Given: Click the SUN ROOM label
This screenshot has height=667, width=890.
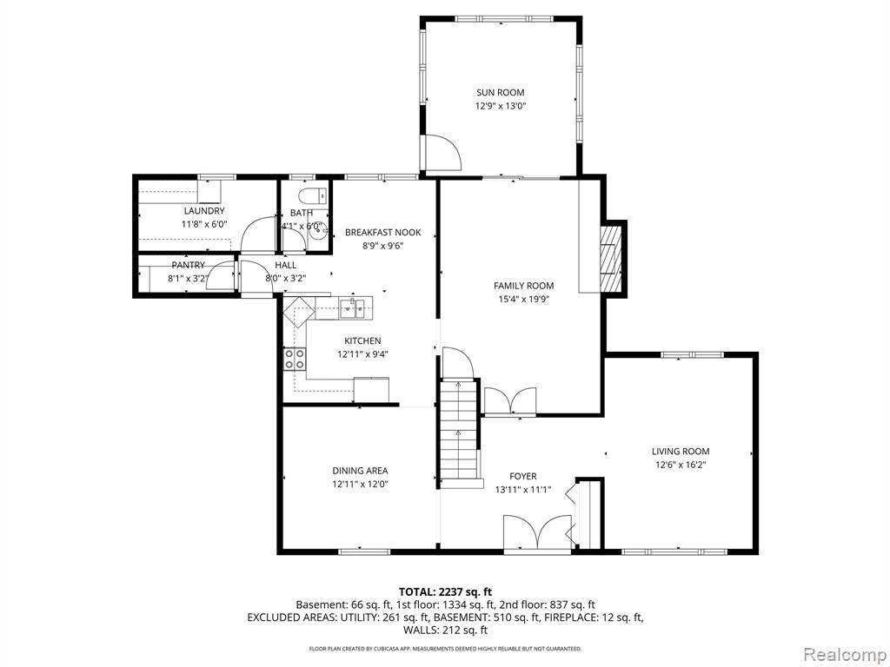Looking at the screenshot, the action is [500, 92].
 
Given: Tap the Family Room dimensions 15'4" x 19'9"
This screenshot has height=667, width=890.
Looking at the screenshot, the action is [523, 300].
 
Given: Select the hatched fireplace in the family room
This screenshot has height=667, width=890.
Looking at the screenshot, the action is [611, 258].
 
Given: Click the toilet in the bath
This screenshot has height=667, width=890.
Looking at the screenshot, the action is [313, 195].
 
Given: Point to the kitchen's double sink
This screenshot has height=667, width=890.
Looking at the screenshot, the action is [353, 308].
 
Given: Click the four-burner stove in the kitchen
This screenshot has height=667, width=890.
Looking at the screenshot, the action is [295, 359].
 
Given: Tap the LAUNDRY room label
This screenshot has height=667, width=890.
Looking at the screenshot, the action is [203, 211].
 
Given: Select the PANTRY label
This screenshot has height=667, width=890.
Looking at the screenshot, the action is [188, 266].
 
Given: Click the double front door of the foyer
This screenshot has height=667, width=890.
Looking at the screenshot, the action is [537, 533].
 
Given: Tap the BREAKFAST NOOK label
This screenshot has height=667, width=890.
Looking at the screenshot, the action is [383, 233].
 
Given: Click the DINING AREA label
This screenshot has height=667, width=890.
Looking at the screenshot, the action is [360, 471].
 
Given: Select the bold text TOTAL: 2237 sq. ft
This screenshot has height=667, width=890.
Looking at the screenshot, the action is [445, 592].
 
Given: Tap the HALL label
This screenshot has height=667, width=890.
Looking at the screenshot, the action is [285, 265].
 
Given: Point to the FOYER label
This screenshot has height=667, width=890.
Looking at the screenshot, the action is [522, 477].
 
